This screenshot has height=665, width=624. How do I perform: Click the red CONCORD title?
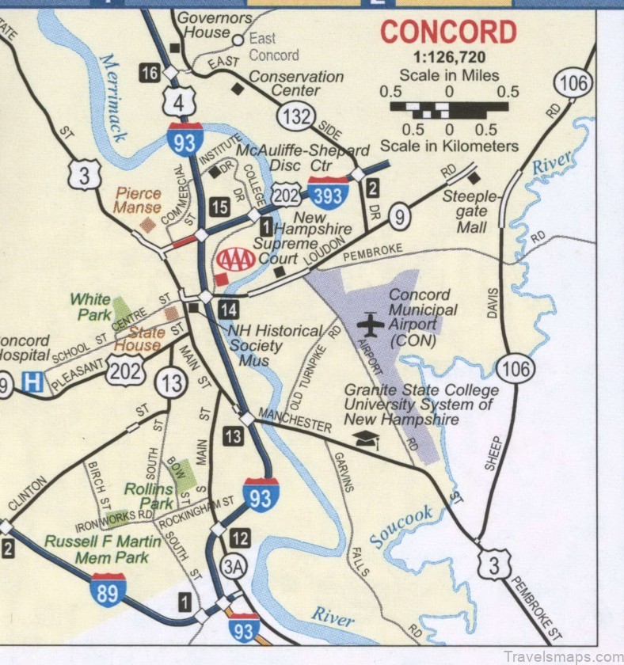(448, 33)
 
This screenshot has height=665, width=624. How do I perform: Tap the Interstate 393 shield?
(328, 191)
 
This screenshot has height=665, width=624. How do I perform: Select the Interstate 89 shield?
(107, 589)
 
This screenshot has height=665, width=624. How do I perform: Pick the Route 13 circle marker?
(170, 384)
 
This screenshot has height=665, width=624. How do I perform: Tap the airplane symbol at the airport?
(370, 324)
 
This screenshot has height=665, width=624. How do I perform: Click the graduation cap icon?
(366, 440)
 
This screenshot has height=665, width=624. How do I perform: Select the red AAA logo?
(236, 259)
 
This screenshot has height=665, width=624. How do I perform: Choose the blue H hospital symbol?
(32, 382)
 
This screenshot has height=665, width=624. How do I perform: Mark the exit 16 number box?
(149, 74)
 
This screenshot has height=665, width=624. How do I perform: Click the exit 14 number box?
(229, 309)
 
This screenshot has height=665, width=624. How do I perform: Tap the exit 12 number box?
(240, 539)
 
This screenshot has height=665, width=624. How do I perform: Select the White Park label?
(90, 306)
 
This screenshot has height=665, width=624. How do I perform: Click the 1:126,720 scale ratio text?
(449, 57)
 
